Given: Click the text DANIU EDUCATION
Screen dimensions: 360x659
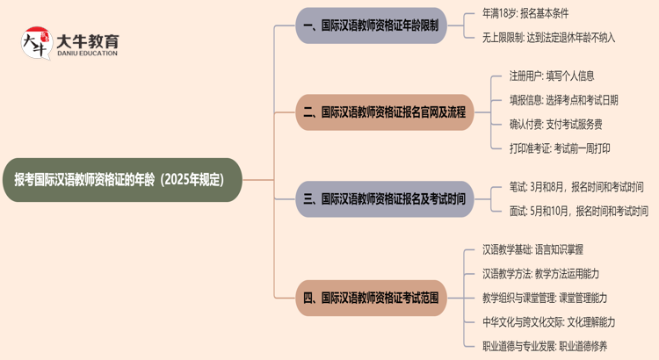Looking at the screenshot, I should click(x=87, y=53).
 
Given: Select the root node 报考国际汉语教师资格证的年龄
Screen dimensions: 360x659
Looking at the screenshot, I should click(x=120, y=180).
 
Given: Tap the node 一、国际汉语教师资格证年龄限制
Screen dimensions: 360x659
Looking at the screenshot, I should click(x=371, y=26).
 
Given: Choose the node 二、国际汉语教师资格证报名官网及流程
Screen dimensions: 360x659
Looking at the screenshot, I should click(x=384, y=112).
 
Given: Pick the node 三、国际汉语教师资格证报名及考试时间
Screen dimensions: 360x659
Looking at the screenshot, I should click(x=384, y=199).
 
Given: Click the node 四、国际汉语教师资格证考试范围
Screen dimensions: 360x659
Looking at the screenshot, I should click(x=371, y=299).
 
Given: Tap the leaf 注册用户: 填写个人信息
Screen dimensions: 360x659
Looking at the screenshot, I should click(x=552, y=76).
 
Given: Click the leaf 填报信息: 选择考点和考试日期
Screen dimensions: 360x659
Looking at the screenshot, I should click(x=563, y=100).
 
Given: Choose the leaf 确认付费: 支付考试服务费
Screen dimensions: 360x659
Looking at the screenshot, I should click(x=555, y=124).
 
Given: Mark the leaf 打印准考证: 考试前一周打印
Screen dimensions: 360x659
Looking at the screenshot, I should click(x=560, y=148).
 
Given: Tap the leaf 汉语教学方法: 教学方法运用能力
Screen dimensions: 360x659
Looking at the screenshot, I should click(x=541, y=274).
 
